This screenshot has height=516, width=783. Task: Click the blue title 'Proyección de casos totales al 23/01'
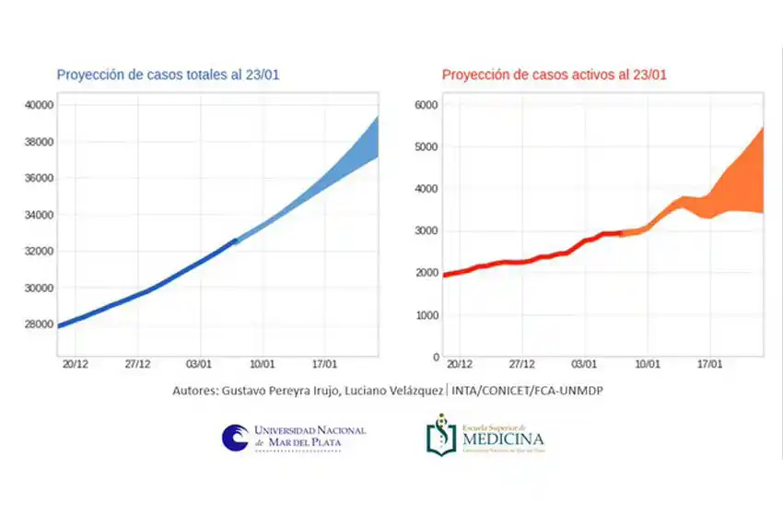click(168, 75)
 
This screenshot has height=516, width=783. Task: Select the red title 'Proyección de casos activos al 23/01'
click(555, 75)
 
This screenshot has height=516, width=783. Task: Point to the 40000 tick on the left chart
click(39, 105)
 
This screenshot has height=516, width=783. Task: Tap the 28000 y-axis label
click(39, 324)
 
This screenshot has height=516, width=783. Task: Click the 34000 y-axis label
click(39, 215)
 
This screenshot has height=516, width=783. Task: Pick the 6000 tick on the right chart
click(427, 105)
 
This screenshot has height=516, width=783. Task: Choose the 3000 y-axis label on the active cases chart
click(427, 231)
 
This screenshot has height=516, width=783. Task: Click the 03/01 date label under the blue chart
click(200, 365)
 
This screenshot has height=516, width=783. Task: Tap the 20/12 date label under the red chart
click(459, 365)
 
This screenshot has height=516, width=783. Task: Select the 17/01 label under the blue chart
click(324, 365)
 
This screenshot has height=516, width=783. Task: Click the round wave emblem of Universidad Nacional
click(235, 438)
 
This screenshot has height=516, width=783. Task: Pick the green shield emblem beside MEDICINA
click(441, 435)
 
